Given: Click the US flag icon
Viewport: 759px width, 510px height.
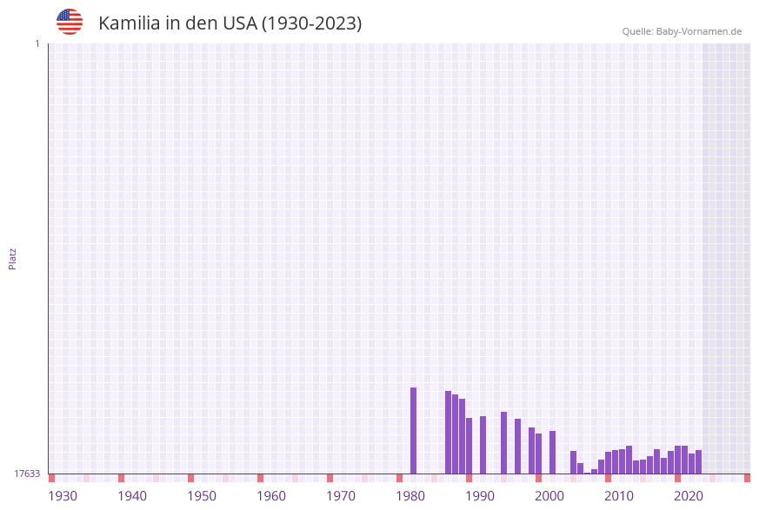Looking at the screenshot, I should (70, 22).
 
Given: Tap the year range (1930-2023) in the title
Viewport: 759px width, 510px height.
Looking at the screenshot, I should (311, 23).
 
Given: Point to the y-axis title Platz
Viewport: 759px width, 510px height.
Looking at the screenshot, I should (13, 258).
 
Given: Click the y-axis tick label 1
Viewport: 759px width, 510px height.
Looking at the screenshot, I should (37, 43).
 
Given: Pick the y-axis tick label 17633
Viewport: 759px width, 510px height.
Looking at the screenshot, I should (27, 474).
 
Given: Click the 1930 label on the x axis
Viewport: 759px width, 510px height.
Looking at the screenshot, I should (63, 496).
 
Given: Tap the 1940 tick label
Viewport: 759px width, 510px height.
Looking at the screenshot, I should (132, 496).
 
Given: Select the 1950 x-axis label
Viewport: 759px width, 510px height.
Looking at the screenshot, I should (202, 496).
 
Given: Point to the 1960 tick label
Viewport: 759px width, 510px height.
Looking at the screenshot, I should (271, 496).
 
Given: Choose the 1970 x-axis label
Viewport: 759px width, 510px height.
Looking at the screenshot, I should (341, 496).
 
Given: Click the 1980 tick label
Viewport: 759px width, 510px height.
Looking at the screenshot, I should (410, 496).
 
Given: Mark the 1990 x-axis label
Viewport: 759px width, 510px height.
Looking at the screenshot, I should (480, 496).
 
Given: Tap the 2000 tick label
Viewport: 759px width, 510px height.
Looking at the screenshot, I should (549, 496).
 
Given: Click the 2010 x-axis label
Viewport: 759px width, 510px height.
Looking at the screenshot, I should (619, 496).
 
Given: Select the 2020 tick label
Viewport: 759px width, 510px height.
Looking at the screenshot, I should (689, 496).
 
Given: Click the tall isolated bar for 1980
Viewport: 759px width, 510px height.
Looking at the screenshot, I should (414, 430).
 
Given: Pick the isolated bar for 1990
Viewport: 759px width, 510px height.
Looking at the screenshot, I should (483, 445).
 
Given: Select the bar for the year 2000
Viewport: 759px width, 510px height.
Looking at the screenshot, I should (553, 452).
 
